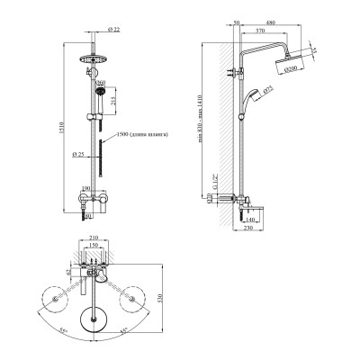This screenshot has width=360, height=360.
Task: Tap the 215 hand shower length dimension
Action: pos(112,103)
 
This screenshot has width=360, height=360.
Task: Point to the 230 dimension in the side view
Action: pos(248,228)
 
